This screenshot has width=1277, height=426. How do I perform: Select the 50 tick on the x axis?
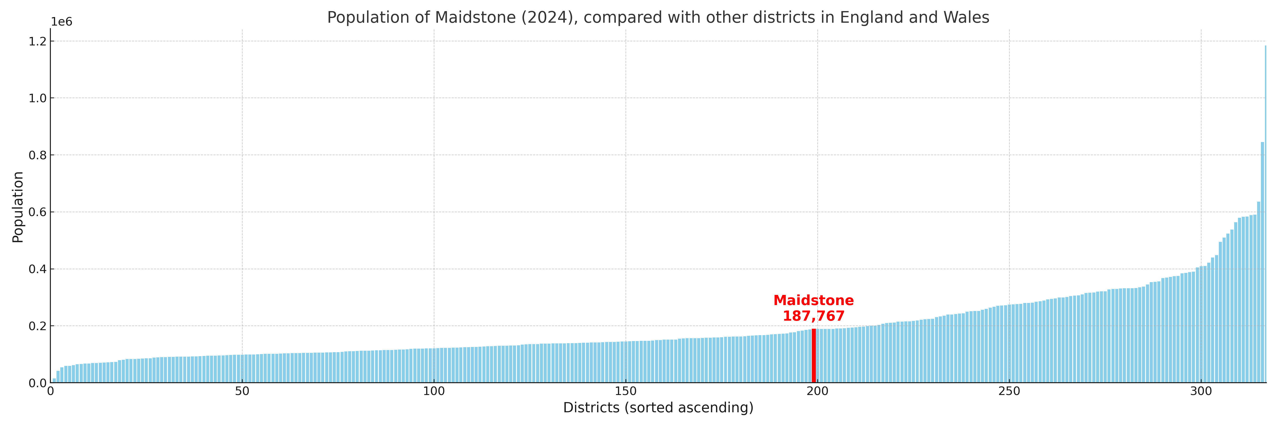[242, 391]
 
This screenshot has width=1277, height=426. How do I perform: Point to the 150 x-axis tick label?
[625, 391]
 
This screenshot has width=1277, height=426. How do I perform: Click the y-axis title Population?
[18, 207]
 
